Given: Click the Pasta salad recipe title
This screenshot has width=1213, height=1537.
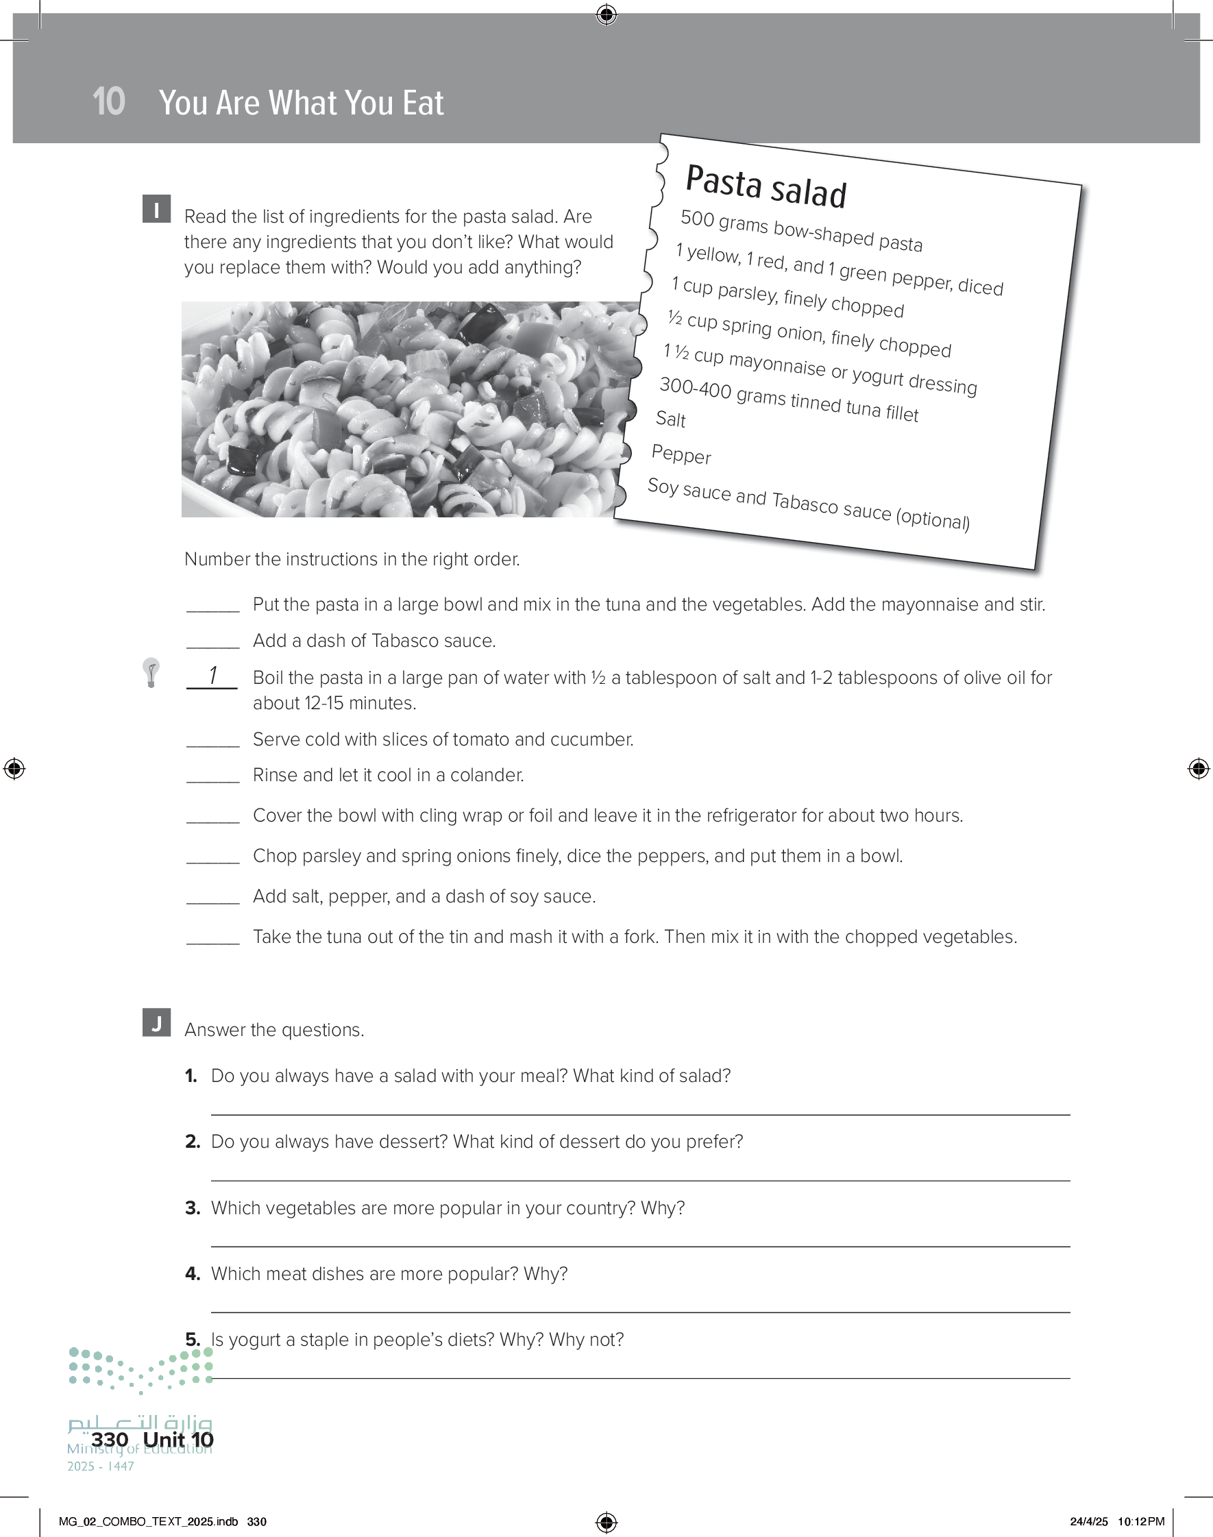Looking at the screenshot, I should click(765, 186).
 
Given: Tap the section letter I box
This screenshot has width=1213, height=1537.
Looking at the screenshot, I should click(156, 210).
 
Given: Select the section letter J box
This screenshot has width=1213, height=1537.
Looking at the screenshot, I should click(156, 1022).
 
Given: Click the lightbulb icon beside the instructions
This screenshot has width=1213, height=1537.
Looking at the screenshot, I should click(151, 672).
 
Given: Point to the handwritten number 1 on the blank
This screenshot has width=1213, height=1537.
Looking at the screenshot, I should click(212, 675).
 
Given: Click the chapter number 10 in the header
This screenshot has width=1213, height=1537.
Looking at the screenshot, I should click(109, 102).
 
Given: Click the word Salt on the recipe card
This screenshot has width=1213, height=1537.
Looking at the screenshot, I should click(670, 419).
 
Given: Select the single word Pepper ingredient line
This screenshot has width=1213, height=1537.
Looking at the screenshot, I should click(681, 454).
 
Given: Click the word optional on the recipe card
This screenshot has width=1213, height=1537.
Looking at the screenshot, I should click(933, 519).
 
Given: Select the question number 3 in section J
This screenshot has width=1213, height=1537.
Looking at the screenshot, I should click(192, 1208).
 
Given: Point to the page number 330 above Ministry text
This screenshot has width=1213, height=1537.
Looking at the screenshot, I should click(110, 1439).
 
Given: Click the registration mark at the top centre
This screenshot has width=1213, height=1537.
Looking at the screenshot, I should click(606, 14).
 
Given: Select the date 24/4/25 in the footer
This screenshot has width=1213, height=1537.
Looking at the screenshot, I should click(1089, 1521).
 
